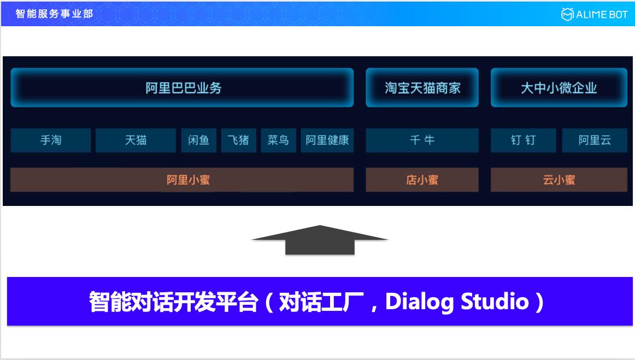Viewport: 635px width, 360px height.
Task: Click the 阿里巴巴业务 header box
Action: [182, 87]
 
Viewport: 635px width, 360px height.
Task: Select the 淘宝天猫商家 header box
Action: [422, 87]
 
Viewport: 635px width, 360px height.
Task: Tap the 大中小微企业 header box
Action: [558, 87]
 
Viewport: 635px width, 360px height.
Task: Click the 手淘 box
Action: [51, 140]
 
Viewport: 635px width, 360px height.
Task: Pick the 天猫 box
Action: [136, 140]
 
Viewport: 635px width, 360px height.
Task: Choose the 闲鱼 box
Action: [198, 140]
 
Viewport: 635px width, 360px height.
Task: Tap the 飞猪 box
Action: [238, 140]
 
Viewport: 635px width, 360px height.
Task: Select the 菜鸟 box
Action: [278, 140]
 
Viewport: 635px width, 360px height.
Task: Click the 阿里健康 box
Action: [327, 140]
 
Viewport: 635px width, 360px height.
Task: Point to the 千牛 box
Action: [422, 140]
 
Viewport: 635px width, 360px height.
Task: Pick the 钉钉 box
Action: [523, 140]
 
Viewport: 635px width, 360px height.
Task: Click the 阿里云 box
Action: [595, 140]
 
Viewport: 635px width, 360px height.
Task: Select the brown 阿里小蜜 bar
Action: [182, 180]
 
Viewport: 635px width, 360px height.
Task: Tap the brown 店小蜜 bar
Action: [422, 180]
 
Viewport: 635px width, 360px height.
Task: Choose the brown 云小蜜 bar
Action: [558, 180]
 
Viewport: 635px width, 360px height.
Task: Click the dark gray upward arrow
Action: [320, 240]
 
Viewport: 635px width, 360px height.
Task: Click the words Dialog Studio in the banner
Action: [457, 302]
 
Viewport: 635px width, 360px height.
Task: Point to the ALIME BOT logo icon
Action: [567, 14]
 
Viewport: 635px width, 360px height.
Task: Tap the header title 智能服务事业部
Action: [54, 14]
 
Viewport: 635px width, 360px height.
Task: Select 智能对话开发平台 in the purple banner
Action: [173, 302]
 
